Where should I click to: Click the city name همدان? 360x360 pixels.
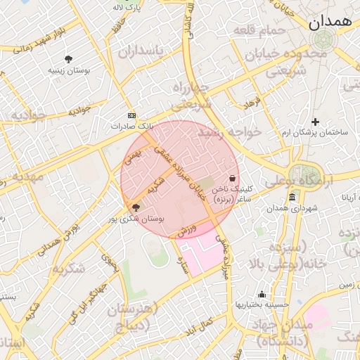click(329, 21)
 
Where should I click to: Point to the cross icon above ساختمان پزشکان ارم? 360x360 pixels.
click(315, 122)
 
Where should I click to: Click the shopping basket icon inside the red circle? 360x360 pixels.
click(233, 179)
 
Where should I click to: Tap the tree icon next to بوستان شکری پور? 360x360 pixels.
click(136, 207)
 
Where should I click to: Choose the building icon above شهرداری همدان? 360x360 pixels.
click(292, 198)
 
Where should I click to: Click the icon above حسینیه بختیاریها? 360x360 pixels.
click(262, 294)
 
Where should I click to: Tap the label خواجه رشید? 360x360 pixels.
click(229, 131)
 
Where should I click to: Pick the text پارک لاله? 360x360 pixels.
click(127, 7)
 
